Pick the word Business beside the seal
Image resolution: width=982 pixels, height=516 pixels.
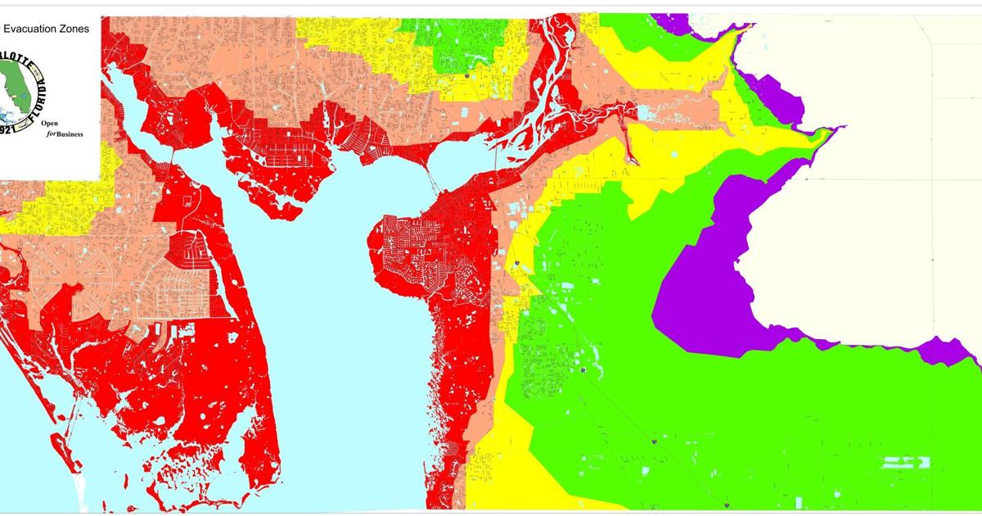click(70, 136)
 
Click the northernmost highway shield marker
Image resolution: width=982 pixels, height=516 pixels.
click(466, 76)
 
